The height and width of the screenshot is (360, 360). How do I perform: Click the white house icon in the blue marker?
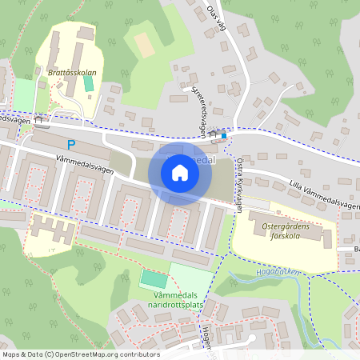pyautogui.click(x=180, y=172)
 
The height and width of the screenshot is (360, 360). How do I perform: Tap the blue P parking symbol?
pyautogui.click(x=71, y=145)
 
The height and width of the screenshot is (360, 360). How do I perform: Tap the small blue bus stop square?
pyautogui.click(x=224, y=135)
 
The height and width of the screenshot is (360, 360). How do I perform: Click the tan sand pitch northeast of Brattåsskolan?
pyautogui.click(x=144, y=44)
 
